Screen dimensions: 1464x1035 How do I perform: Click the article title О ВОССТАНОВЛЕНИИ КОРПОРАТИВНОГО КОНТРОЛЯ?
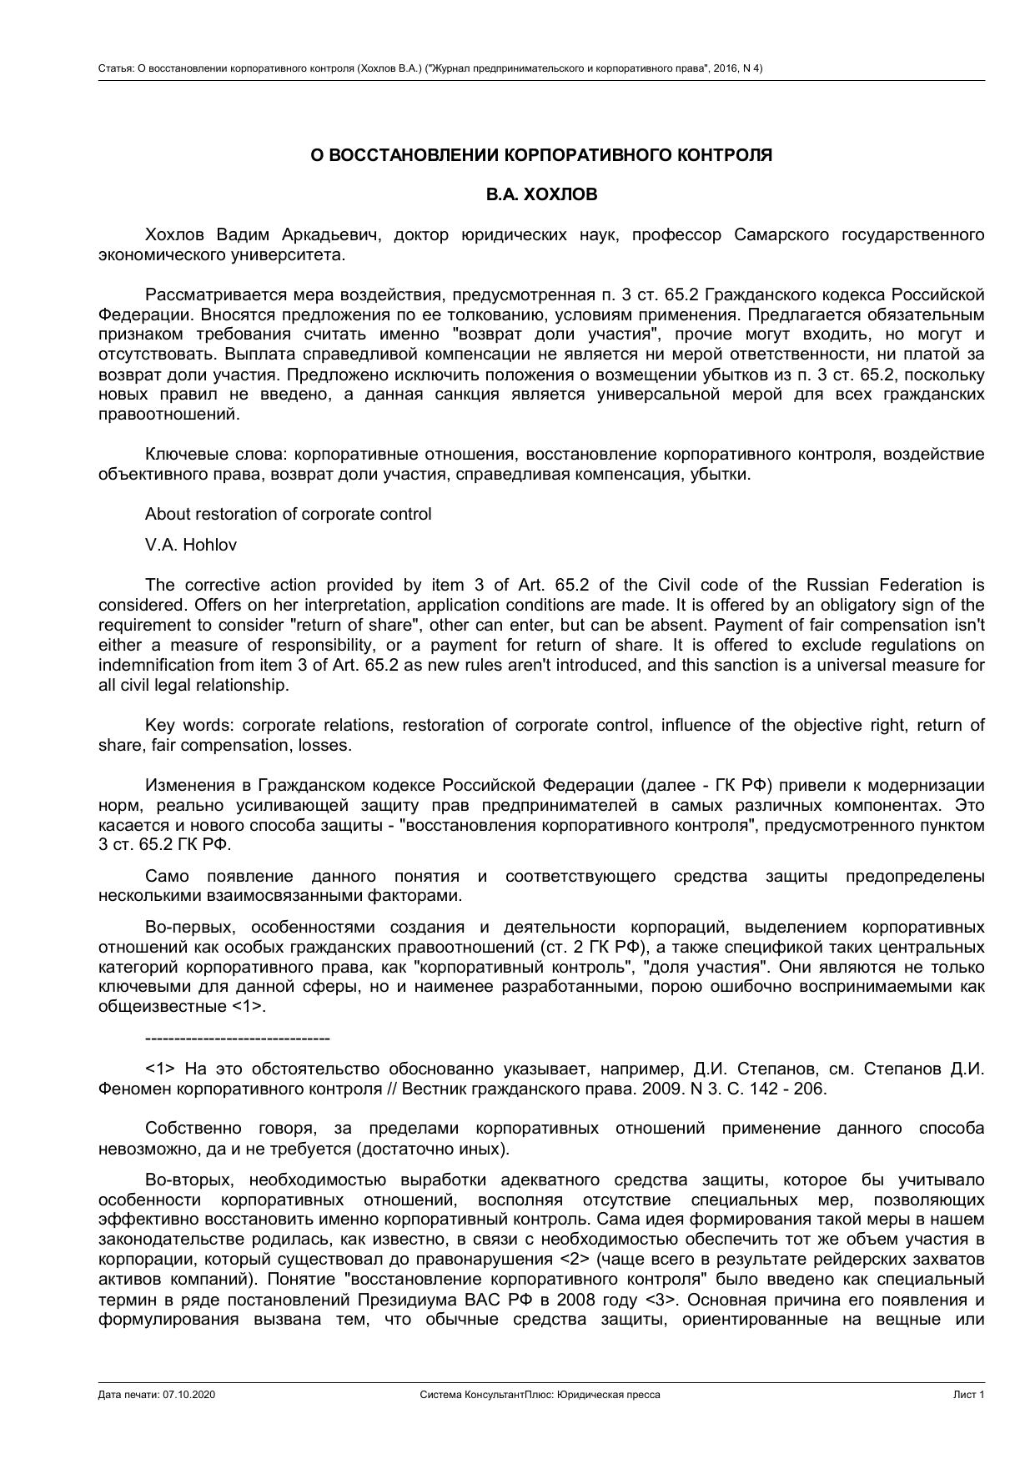(541, 155)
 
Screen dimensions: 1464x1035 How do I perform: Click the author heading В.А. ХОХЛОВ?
(541, 194)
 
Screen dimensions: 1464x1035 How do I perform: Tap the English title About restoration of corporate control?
(288, 514)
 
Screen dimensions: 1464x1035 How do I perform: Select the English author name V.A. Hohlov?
(190, 545)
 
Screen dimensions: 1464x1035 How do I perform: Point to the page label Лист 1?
(969, 1395)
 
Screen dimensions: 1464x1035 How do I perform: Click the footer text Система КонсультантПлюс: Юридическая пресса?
(540, 1395)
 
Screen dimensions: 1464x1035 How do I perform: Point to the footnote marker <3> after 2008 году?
(662, 1299)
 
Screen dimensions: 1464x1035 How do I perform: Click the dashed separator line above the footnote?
(238, 1039)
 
